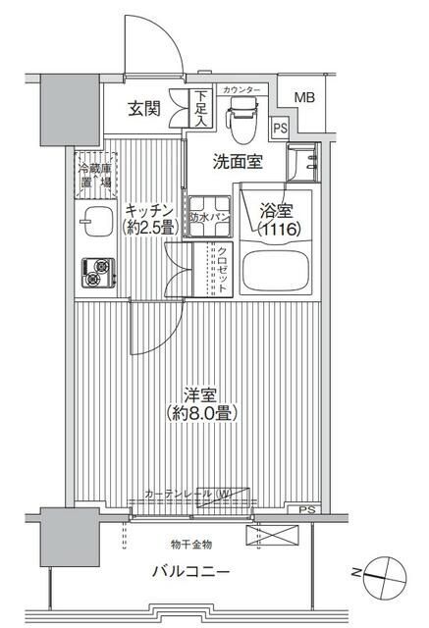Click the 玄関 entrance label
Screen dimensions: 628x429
click(144, 109)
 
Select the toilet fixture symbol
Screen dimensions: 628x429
click(239, 118)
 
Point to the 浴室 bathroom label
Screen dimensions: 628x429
click(275, 210)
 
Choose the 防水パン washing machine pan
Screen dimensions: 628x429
click(209, 218)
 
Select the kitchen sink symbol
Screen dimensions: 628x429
click(96, 222)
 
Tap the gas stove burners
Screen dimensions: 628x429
click(97, 272)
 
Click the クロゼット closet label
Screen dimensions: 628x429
click(224, 267)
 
